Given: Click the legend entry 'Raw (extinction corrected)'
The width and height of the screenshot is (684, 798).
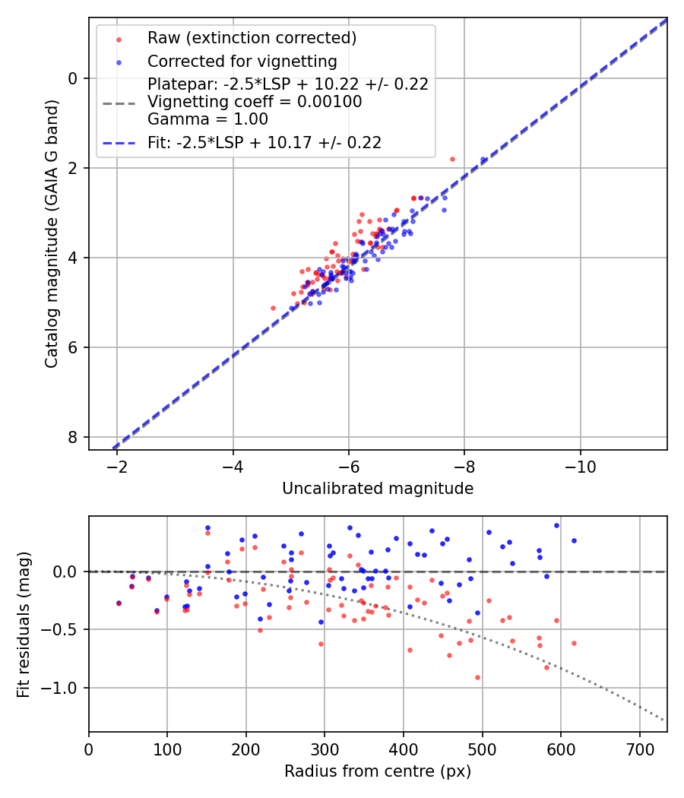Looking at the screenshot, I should (252, 38).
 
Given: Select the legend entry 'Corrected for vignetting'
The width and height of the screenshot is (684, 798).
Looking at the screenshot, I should (242, 61).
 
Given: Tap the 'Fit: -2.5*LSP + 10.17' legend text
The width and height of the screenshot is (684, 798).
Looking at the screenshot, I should (264, 142).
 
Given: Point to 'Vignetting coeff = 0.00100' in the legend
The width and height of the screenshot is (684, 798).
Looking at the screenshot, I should (255, 101).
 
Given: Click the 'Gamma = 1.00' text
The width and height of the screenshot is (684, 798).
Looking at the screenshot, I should (207, 119).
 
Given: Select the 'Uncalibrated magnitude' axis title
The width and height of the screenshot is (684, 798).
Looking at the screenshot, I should (378, 489).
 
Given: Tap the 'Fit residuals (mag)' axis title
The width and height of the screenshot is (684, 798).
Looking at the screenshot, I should (24, 624).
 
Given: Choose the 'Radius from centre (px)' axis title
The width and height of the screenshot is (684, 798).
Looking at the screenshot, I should (378, 771).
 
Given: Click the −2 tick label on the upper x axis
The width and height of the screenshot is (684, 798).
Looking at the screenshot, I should (117, 464).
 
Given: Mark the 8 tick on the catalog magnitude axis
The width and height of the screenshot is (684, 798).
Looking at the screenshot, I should (74, 437).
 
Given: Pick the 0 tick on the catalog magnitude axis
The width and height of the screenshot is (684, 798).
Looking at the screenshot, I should (74, 78).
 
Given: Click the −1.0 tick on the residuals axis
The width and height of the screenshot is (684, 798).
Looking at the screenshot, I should (65, 688).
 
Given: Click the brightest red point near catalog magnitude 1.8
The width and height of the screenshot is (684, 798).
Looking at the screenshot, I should (452, 159).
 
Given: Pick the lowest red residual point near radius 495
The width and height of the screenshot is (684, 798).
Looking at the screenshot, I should (477, 677).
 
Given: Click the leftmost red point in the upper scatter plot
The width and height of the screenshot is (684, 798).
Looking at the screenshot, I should (273, 308).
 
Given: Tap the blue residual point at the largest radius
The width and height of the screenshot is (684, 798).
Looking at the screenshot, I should (574, 540).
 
